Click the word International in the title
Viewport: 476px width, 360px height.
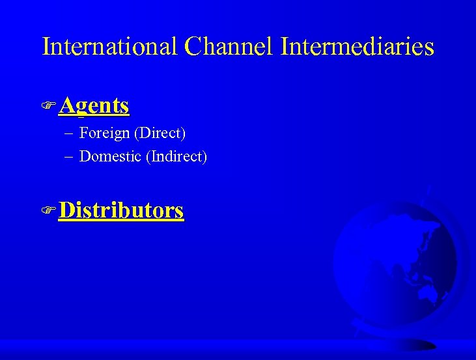pos(109,46)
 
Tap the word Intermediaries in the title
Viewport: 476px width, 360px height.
pos(357,46)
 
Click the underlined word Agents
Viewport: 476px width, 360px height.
pos(94,105)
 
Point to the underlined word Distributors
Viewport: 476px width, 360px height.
pos(121,210)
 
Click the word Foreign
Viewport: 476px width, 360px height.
pos(104,133)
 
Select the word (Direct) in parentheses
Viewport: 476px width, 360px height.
pos(160,133)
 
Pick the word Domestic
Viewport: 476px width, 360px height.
pos(110,156)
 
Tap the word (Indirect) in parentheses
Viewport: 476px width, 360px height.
pos(176,156)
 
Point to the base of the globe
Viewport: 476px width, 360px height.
pos(404,343)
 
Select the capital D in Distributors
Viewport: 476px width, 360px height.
pos(66,210)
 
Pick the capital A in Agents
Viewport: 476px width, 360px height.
pos(66,105)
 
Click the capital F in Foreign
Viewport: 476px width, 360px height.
pos(83,133)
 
